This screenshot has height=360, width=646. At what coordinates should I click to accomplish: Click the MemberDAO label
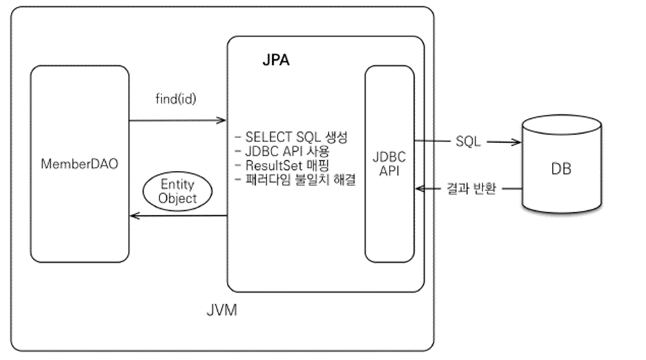click(x=80, y=166)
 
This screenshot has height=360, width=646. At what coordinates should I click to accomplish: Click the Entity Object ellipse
click(x=177, y=191)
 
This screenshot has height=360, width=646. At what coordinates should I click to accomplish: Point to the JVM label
click(x=222, y=311)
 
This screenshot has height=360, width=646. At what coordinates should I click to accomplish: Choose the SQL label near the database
click(x=468, y=142)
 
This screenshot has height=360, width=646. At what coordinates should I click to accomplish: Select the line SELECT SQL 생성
click(x=291, y=137)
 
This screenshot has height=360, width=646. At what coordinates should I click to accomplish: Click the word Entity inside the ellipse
click(x=177, y=184)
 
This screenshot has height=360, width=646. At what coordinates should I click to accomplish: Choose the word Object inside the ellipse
click(x=177, y=198)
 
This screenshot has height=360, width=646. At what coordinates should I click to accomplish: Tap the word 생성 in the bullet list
click(x=337, y=137)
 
